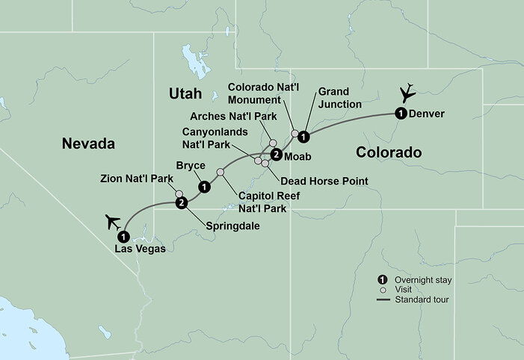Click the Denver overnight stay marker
(x=400, y=114)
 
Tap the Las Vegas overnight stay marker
(x=121, y=237)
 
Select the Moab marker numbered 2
(x=276, y=155)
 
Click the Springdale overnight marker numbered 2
(x=181, y=203)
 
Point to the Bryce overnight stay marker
(x=203, y=187)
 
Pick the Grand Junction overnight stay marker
(x=303, y=136)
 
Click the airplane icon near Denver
(x=407, y=94)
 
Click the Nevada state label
(x=87, y=143)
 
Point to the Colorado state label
(x=388, y=152)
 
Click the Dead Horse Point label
(x=324, y=181)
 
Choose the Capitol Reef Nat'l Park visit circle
(x=220, y=173)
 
